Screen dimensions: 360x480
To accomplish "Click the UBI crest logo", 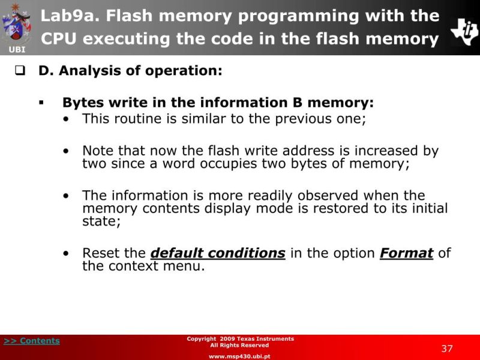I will [16, 25].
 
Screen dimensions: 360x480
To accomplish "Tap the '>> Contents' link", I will [32, 341].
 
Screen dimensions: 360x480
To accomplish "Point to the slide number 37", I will [447, 349].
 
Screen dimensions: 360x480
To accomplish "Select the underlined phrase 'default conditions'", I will [218, 253].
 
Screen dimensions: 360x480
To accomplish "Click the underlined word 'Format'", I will [406, 253].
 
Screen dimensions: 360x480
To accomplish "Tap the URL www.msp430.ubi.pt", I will [239, 356].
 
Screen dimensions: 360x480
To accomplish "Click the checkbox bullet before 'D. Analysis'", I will [19, 71].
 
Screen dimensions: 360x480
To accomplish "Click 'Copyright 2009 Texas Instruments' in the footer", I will [240, 339].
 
